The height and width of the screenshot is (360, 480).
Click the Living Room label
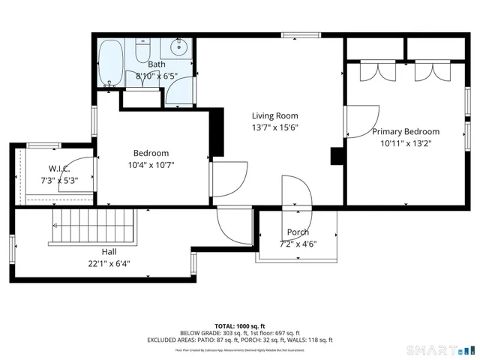pyautogui.click(x=274, y=115)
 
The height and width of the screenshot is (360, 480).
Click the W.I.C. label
pyautogui.click(x=59, y=168)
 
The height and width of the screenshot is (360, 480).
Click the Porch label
pyautogui.click(x=298, y=232)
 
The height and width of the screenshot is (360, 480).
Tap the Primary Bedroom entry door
pyautogui.click(x=358, y=120)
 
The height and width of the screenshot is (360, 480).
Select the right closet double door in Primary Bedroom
pyautogui.click(x=430, y=70)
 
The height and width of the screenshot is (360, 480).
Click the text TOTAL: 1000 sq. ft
pyautogui.click(x=239, y=325)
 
